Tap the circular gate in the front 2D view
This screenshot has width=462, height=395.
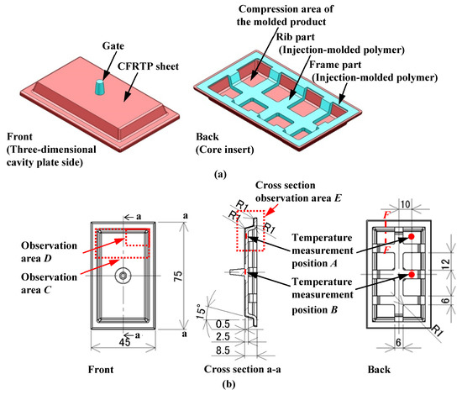click(x=123, y=275)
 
